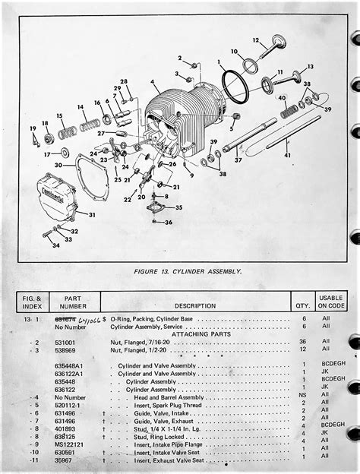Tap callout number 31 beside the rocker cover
92,215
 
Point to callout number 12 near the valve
256,39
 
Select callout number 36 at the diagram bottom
169,222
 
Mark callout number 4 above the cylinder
154,82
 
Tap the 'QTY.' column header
302,305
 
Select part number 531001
66,342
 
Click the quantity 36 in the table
303,342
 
